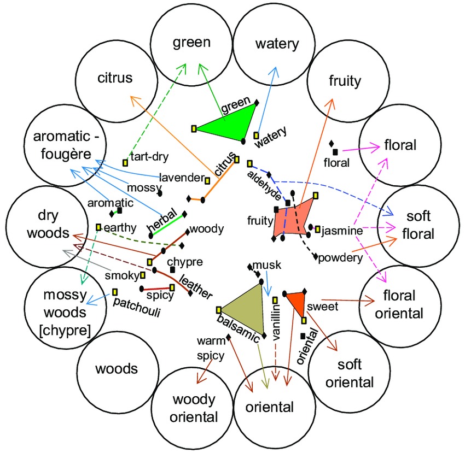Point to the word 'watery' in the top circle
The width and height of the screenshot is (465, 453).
click(276, 44)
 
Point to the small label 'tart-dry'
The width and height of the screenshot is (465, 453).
click(148, 157)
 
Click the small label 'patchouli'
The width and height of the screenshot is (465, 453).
click(135, 301)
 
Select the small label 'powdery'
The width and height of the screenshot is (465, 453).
click(340, 257)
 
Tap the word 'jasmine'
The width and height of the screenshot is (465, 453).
click(342, 231)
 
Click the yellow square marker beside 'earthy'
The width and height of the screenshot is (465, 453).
click(98, 226)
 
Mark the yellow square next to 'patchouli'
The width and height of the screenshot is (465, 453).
click(115, 291)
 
